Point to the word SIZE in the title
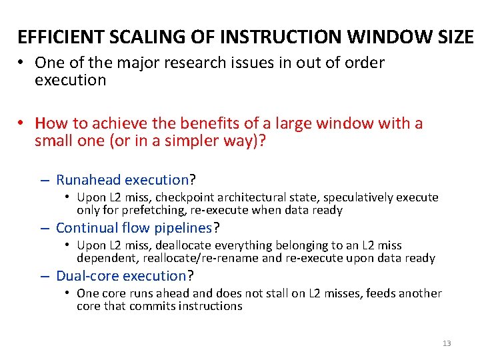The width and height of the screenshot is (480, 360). click(453, 37)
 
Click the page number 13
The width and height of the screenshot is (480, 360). click(446, 343)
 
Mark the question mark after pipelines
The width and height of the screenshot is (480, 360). click(216, 228)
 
